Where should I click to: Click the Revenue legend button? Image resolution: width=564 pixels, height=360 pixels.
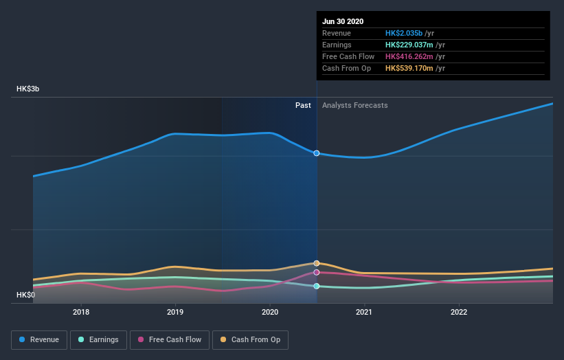point(40,339)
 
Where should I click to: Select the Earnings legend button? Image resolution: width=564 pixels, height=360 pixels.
point(98,339)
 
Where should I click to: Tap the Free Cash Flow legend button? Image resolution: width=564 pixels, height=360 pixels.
point(170,339)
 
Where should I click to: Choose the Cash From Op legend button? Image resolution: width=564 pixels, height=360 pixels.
point(251,339)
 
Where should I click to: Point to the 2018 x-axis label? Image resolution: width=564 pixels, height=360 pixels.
point(81,311)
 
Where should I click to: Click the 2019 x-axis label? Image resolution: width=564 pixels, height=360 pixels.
point(175,311)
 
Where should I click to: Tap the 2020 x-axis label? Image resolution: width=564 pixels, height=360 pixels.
point(269,311)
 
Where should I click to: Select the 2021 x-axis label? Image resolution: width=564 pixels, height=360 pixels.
point(364,311)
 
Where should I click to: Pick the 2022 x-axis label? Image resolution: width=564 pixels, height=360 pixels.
point(458,311)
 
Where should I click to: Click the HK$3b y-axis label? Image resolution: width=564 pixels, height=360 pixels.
point(28,89)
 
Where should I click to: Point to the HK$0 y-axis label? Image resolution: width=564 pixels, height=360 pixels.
point(26,295)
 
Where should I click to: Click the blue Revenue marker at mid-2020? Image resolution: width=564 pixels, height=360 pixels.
point(317,153)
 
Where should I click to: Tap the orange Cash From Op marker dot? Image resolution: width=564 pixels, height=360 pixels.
point(317,263)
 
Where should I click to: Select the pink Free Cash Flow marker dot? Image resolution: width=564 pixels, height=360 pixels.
point(317,272)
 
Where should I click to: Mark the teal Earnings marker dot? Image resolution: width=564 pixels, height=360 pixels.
point(317,286)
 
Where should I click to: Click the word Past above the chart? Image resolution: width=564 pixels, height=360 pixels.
point(303,106)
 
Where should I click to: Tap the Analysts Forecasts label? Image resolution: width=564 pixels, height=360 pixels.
point(354,106)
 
